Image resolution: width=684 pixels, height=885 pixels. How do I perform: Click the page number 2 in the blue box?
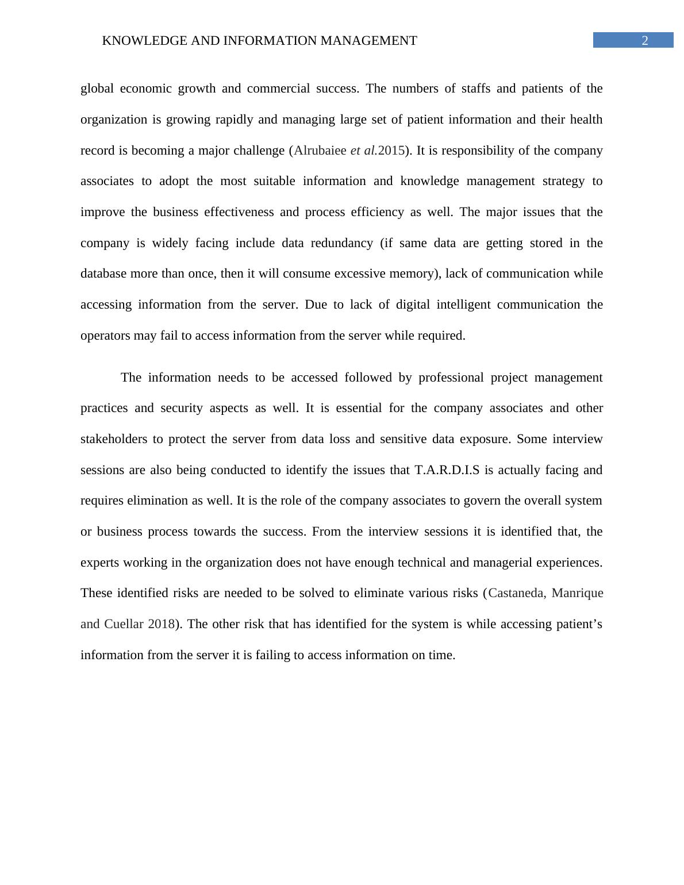(x=645, y=41)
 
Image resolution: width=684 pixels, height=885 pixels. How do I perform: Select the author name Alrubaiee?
(x=320, y=151)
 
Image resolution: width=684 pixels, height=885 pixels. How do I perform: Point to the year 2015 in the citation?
(x=391, y=151)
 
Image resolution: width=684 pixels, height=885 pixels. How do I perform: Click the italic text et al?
(x=363, y=151)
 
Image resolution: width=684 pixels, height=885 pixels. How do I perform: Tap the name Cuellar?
(x=124, y=624)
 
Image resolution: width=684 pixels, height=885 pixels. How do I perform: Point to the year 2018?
(x=161, y=624)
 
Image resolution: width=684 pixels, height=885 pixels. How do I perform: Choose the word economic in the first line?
(x=146, y=88)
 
